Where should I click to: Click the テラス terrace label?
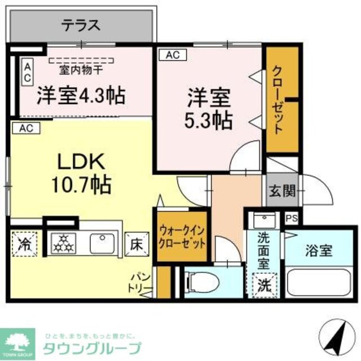coord(81,26)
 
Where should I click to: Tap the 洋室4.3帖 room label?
coord(81,94)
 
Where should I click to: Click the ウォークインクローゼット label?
coord(182,236)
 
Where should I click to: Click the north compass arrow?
coord(338,336)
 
